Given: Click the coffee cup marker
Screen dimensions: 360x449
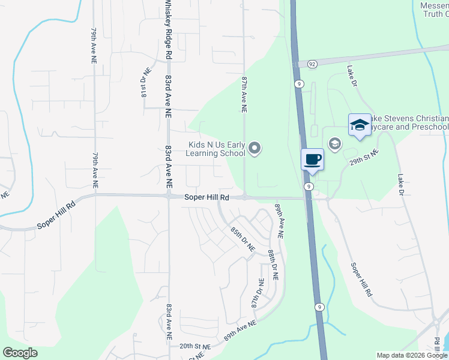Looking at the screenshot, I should coord(312,160).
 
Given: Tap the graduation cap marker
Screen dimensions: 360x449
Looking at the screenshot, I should coord(360,125).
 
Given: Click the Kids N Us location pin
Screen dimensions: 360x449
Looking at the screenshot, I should coord(255,148).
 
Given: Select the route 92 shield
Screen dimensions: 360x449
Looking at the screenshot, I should coord(312,64).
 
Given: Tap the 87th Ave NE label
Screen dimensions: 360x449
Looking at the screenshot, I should coord(244,95).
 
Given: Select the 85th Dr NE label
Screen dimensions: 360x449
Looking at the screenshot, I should coord(243,238).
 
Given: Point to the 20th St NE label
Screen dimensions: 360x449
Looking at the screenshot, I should coord(196,347).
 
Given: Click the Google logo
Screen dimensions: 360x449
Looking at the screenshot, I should coord(20,353).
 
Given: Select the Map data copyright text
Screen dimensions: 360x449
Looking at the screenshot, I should coord(412,355).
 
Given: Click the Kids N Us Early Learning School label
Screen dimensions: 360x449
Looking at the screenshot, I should coord(217,149).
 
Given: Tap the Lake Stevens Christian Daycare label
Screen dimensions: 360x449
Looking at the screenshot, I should coord(408,122).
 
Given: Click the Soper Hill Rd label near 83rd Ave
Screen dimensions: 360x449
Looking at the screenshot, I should coord(206,197).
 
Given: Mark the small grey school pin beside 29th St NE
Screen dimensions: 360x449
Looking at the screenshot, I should coord(334,143).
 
